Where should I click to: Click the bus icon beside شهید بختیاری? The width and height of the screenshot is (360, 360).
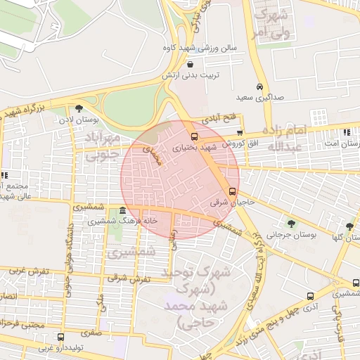coord(195,136)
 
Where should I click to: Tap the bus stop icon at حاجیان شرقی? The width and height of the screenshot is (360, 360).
coord(232,191)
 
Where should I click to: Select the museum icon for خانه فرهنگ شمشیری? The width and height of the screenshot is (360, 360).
coord(123,211)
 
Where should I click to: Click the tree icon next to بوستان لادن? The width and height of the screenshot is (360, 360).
coord(79,108)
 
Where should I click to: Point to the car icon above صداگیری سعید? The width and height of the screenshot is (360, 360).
coord(260,86)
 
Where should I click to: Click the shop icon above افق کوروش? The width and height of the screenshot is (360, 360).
coord(240,132)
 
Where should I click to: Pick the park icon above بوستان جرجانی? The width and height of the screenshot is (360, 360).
coord(291,224)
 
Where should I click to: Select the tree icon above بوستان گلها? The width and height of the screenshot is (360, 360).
coord(349,226)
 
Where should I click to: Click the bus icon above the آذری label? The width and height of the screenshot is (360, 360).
coord(310,297)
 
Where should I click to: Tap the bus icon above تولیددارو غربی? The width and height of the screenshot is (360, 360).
coord(60,337)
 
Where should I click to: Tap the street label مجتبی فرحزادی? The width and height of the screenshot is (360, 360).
coord(25,325)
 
